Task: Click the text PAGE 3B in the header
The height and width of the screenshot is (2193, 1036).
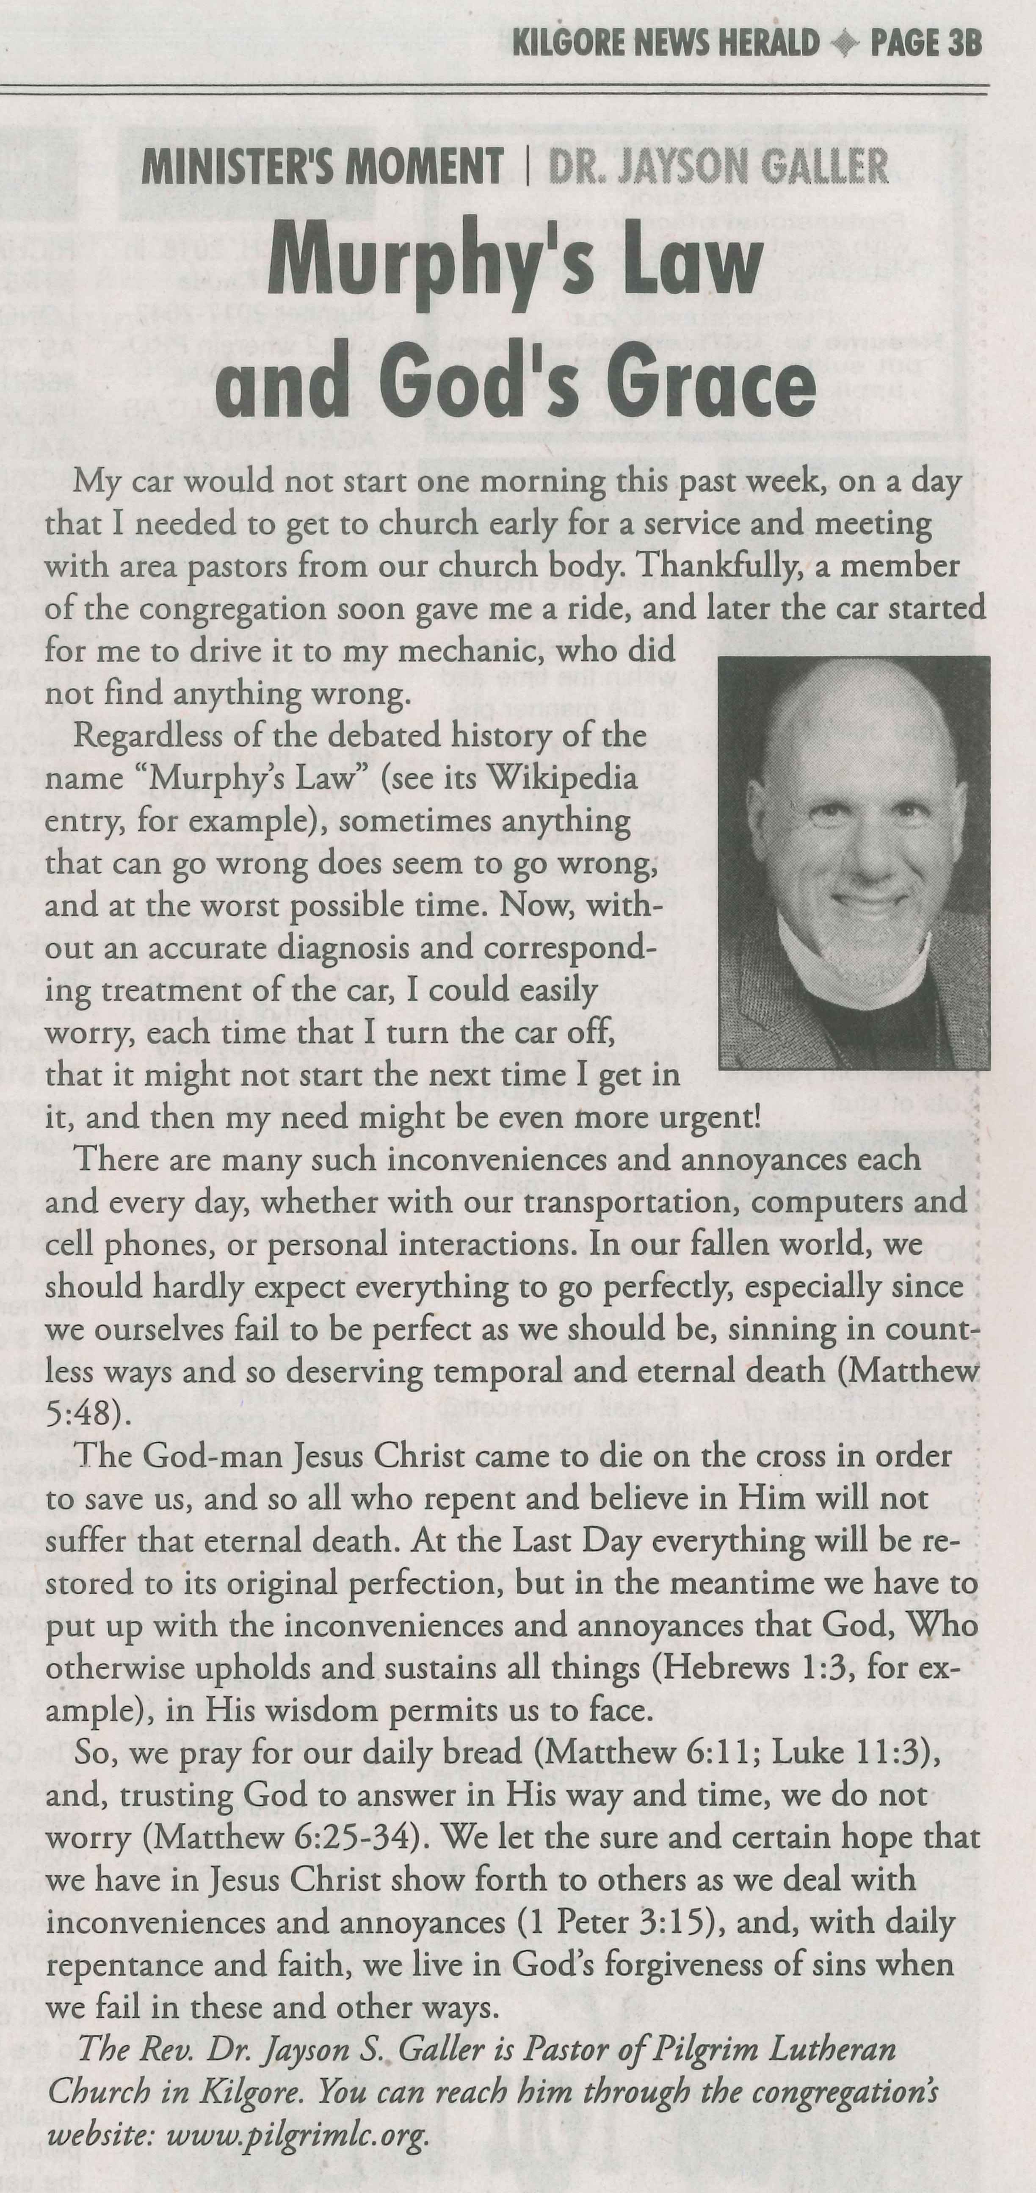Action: (926, 43)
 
